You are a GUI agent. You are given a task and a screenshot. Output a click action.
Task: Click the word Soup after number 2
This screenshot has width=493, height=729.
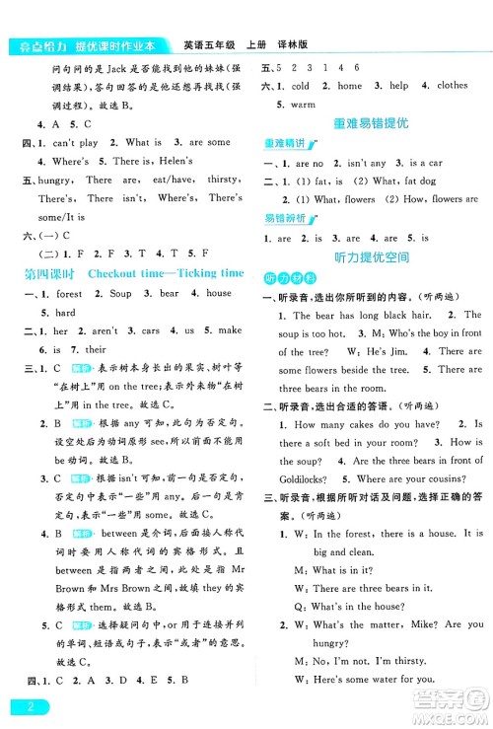(120, 294)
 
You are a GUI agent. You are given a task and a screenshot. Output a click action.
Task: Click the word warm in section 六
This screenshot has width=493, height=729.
(304, 104)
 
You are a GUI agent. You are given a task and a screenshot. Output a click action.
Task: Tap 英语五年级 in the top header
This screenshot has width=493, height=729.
(210, 44)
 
